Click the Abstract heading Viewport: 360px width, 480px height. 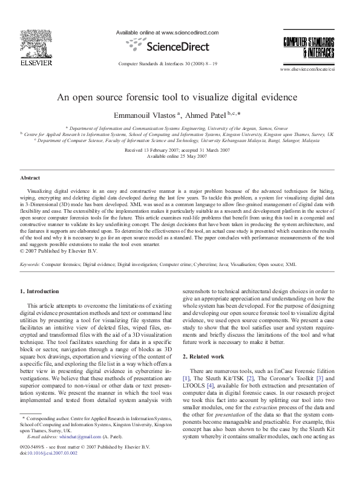tap(30, 178)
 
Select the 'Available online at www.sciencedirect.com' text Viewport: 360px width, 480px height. tap(166, 32)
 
